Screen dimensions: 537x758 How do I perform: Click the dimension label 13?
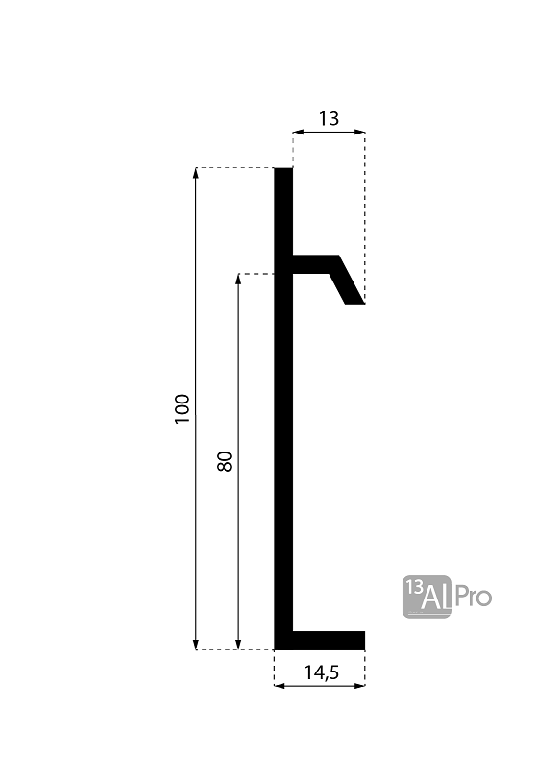click(x=329, y=119)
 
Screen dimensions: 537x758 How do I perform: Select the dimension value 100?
click(x=183, y=409)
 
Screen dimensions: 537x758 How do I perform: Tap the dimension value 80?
click(x=225, y=462)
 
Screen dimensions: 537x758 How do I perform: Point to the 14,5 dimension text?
click(x=322, y=672)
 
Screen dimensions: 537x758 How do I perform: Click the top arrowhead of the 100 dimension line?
click(x=196, y=173)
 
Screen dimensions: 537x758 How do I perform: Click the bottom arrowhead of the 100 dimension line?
click(x=196, y=645)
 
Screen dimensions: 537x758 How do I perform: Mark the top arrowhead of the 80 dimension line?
click(x=238, y=279)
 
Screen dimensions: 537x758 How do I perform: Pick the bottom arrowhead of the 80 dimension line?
click(x=238, y=645)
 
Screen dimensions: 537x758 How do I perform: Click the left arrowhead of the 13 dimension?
click(x=298, y=132)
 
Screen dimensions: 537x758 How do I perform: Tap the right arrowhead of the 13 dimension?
click(x=359, y=132)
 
